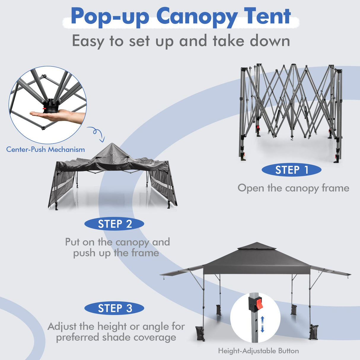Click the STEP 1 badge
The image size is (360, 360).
point(291,170)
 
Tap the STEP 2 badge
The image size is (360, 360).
point(114,224)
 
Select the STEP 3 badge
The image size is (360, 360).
point(114,308)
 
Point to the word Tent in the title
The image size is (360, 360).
point(267,16)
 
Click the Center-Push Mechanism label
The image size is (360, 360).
point(45,149)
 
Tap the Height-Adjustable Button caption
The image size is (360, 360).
point(258,351)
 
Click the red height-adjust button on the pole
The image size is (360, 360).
point(259,304)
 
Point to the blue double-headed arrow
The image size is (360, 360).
point(262,324)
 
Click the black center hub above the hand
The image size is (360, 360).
point(50,106)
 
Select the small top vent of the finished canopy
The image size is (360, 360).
point(257,246)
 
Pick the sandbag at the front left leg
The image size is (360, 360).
point(200,334)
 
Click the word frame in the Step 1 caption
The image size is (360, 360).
point(334,188)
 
